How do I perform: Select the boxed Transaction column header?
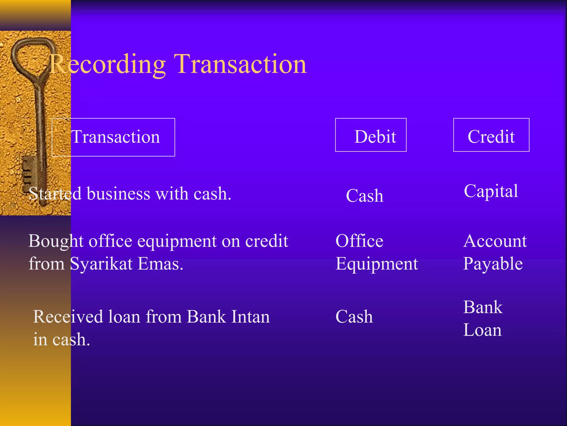coord(114,137)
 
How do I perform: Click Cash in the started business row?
coord(365,196)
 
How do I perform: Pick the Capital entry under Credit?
coord(491,191)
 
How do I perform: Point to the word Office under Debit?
coord(359,241)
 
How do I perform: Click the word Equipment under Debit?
coord(377,263)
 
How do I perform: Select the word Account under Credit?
coord(495,241)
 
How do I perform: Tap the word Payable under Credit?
coord(493,263)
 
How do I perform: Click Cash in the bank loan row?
coord(354,317)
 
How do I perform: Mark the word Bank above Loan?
coord(483,307)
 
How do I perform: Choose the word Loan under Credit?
coord(482,330)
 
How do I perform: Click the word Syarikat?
coord(101,263)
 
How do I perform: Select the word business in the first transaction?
coord(118,194)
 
